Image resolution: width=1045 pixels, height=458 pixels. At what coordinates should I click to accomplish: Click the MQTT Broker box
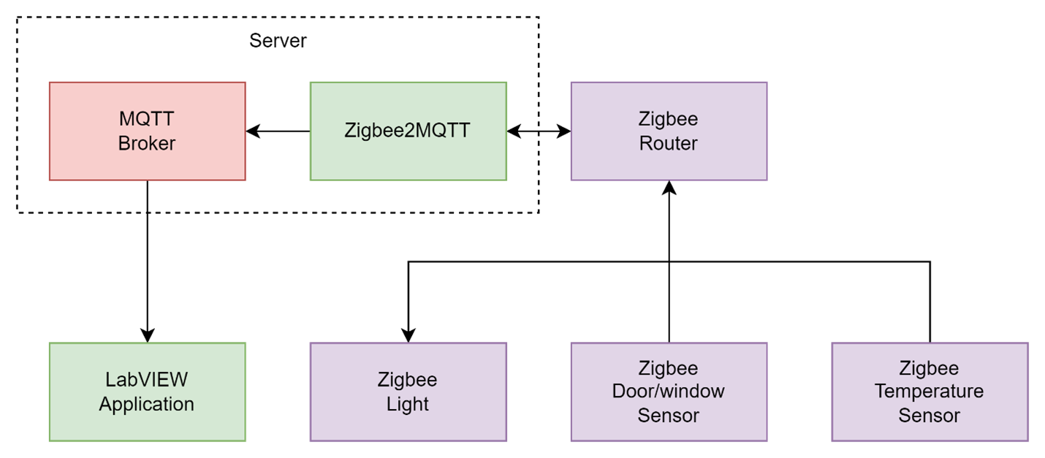[x=147, y=131]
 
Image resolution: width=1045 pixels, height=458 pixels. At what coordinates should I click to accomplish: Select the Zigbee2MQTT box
[x=408, y=131]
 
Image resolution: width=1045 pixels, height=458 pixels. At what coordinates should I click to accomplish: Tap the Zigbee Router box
[x=668, y=131]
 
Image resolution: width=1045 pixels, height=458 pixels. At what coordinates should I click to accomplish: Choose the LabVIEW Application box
[x=147, y=392]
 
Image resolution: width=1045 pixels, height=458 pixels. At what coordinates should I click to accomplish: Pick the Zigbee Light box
[x=408, y=392]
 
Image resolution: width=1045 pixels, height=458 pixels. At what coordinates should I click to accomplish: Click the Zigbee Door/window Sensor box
[x=668, y=392]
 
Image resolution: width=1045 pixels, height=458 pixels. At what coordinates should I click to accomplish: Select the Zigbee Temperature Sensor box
[x=929, y=392]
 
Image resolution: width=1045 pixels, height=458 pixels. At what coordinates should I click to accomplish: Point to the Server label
[x=278, y=40]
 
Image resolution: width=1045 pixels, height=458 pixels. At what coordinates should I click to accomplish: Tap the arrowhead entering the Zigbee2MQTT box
[x=514, y=131]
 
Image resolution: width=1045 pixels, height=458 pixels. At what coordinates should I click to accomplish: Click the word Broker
[x=147, y=143]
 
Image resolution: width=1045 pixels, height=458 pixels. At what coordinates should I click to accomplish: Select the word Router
[x=668, y=143]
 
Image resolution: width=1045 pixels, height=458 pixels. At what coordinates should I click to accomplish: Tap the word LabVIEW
[x=147, y=380]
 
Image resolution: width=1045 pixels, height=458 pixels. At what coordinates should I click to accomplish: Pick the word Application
[x=147, y=404]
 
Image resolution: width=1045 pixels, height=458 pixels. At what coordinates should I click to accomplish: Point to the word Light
[x=408, y=404]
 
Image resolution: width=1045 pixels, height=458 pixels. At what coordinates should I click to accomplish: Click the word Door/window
[x=668, y=392]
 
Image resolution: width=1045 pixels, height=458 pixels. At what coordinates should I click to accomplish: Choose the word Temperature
[x=929, y=392]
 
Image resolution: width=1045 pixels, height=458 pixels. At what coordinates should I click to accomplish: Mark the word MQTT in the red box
[x=147, y=118]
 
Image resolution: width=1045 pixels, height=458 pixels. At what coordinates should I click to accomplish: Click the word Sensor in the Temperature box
[x=929, y=416]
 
